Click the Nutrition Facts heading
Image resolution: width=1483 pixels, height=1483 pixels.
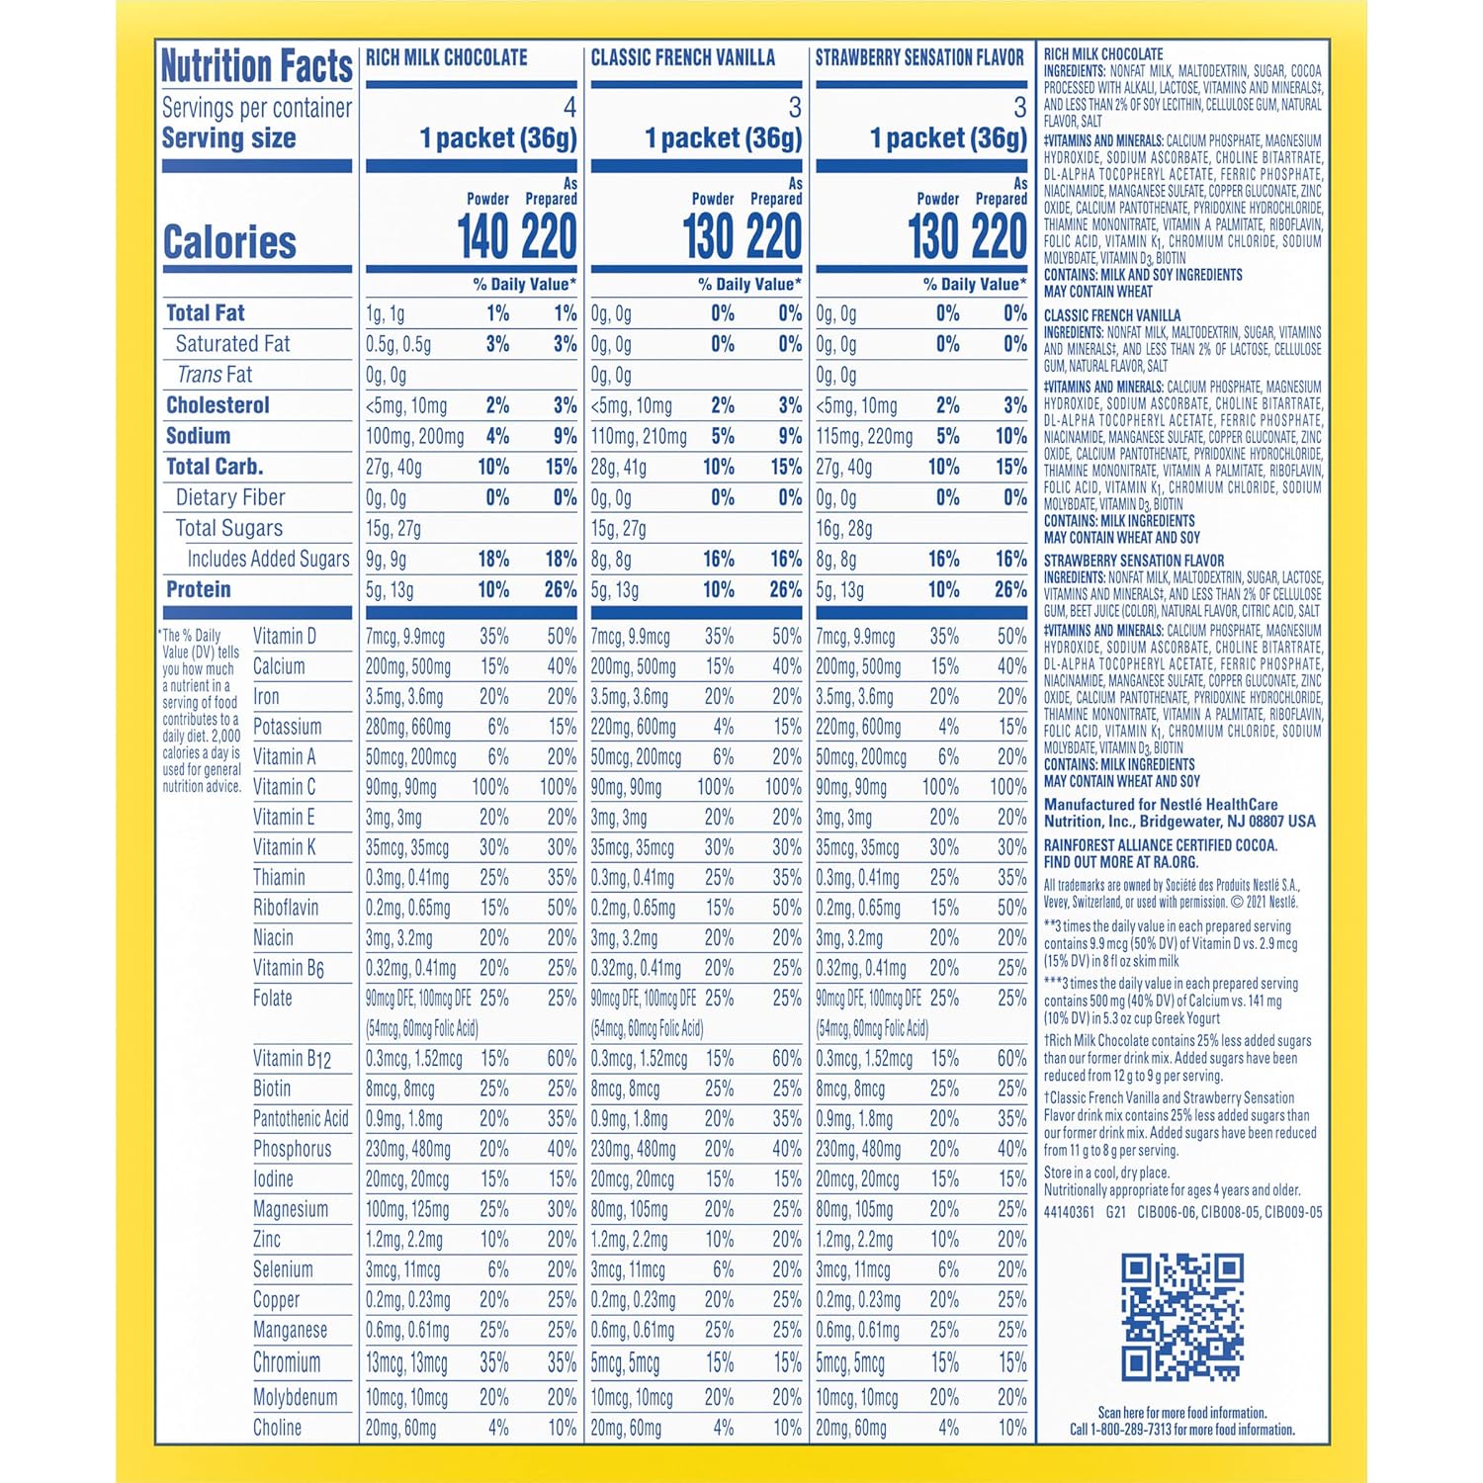pos(256,66)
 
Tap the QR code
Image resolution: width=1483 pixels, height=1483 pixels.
pos(1181,1316)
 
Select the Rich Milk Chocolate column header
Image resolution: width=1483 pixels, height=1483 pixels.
pos(447,58)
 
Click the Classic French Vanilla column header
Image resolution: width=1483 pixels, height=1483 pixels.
pos(682,58)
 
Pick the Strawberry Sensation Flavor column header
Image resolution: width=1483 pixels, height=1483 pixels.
pos(919,58)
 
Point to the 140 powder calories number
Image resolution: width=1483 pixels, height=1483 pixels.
pos(483,237)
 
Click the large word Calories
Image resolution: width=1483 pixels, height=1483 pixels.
pos(229,242)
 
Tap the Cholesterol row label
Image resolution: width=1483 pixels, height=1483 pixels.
pos(218,405)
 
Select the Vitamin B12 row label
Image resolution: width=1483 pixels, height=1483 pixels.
pos(292,1059)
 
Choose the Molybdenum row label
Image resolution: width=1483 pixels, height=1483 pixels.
pos(295,1397)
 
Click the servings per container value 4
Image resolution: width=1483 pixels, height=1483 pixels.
pos(569,107)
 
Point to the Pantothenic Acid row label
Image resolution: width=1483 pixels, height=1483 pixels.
pos(301,1119)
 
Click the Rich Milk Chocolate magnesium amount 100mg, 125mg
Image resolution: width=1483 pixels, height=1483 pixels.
pos(409,1209)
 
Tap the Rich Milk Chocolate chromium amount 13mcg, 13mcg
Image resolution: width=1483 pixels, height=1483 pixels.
pos(406,1363)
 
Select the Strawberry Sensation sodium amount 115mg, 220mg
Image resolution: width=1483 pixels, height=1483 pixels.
pos(864,436)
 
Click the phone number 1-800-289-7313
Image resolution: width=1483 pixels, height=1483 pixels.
pos(1137,1430)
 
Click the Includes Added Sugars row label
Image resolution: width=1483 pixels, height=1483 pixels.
pos(268,560)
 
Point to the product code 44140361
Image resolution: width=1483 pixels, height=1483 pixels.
pos(1069,1212)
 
